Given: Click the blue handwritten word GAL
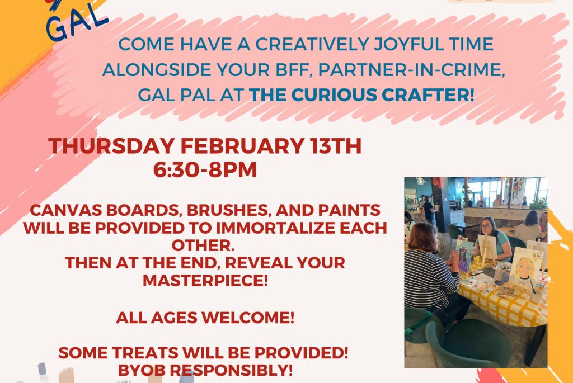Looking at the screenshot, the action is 77,22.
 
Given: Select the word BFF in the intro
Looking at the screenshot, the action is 294,70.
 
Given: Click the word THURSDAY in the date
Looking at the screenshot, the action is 111,146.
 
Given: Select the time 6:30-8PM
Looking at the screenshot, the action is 205,170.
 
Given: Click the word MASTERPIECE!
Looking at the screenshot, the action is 205,281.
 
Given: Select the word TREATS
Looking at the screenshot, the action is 146,353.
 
